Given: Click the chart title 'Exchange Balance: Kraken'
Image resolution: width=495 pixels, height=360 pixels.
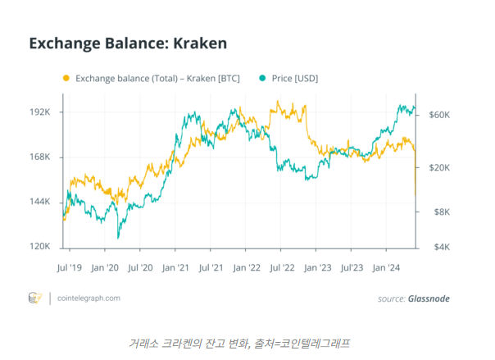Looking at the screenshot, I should point(127,42).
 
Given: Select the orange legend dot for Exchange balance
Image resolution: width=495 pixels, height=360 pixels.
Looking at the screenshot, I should point(66,79).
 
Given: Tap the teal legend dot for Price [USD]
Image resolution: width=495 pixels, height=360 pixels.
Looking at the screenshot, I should point(262,79).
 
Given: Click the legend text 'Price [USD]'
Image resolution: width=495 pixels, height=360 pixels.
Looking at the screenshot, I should point(294,79).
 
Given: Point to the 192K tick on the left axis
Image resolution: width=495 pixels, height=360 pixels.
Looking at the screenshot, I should point(41,112).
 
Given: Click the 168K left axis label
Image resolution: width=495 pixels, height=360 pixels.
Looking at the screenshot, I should point(41,157).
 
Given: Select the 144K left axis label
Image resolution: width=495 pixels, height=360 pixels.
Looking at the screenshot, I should point(41,202).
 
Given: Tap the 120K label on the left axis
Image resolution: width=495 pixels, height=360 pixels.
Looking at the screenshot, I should point(41,247).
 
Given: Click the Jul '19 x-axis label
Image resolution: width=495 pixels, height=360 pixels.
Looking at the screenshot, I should point(70,267).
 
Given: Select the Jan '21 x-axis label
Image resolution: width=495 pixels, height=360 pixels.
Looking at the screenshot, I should point(176,267).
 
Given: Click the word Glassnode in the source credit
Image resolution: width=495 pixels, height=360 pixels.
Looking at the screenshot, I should point(429,298).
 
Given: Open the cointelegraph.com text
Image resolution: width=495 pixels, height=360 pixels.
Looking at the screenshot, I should point(89,298).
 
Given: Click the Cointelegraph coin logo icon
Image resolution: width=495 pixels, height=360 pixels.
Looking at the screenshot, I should point(35,298).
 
